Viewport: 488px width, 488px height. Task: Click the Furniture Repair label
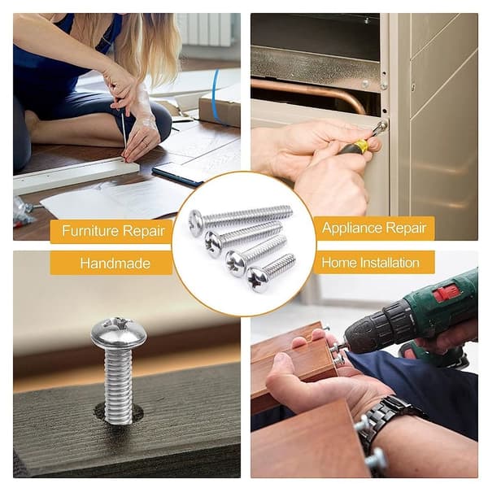tap(111, 231)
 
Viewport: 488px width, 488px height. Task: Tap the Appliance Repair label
tap(374, 228)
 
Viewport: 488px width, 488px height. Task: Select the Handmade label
tap(111, 264)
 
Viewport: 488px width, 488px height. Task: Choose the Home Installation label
tap(374, 263)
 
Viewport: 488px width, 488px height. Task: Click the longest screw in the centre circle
tap(240, 216)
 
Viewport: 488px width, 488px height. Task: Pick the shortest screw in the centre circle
tap(271, 273)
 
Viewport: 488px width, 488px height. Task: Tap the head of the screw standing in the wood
tap(119, 332)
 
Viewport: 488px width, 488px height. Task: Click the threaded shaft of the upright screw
tap(118, 385)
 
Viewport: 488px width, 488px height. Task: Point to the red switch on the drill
tap(447, 293)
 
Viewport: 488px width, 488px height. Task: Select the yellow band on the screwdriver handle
tap(362, 146)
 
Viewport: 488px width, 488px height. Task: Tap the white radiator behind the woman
tap(206, 29)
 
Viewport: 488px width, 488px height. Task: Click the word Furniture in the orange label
tap(90, 231)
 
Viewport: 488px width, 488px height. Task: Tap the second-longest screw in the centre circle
tap(244, 238)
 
